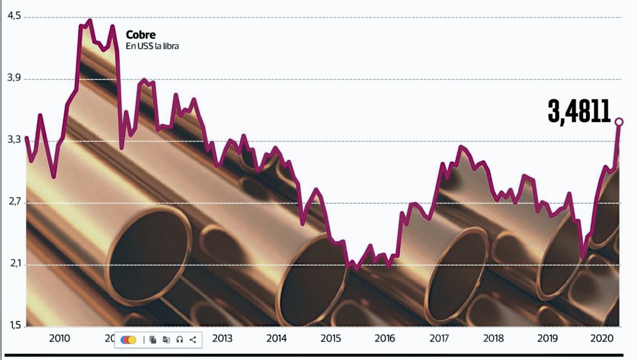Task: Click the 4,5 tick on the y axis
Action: [14, 16]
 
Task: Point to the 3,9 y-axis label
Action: [14, 78]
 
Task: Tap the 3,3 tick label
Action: [14, 140]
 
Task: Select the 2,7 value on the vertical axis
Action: [14, 202]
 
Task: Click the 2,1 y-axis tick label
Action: [14, 264]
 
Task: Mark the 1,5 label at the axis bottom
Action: [14, 326]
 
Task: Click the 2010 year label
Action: [60, 338]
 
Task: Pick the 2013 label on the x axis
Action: [222, 338]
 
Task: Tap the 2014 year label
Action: [276, 338]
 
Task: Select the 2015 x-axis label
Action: [331, 338]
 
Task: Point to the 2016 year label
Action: [385, 338]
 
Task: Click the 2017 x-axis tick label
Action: [439, 338]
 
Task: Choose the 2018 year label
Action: [493, 338]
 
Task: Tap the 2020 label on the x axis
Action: [601, 338]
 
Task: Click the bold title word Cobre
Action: [141, 35]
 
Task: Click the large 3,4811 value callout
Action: [579, 111]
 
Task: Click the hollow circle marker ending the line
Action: [619, 122]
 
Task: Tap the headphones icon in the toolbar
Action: [179, 339]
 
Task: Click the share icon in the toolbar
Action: [193, 339]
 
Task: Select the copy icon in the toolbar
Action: [153, 339]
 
